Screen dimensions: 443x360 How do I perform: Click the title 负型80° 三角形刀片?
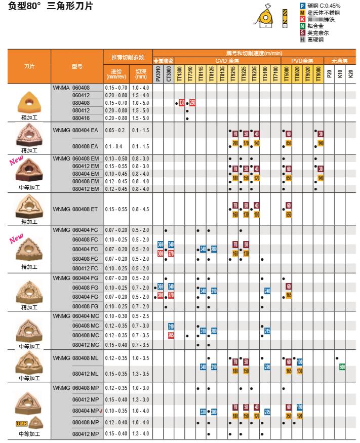(x=51, y=7)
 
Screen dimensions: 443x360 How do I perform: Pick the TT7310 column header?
(x=190, y=74)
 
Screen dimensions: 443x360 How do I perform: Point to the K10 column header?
(x=340, y=74)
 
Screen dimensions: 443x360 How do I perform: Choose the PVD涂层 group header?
(x=302, y=60)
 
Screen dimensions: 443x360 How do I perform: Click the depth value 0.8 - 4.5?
(x=141, y=209)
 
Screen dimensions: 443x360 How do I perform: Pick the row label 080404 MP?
(x=86, y=411)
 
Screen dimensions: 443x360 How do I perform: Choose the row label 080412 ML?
(x=85, y=374)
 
